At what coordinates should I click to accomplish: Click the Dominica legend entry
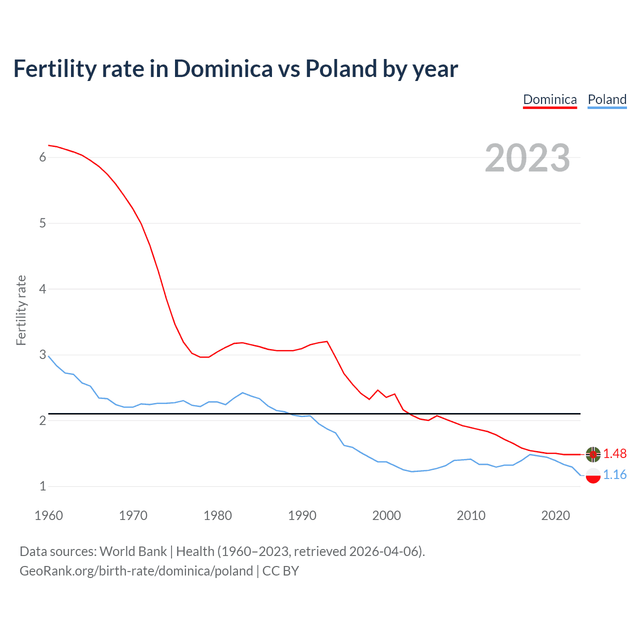click(549, 99)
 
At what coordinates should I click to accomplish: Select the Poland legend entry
click(607, 99)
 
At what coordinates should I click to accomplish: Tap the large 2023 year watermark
click(527, 158)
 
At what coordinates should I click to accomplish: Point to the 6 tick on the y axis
click(42, 157)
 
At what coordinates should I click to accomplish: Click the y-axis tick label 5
click(42, 223)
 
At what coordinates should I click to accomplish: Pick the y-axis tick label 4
click(42, 289)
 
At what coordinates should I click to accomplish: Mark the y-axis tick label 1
click(42, 486)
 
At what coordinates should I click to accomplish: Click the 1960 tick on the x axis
click(48, 515)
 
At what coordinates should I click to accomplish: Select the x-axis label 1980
click(217, 515)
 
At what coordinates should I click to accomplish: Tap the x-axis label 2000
click(386, 515)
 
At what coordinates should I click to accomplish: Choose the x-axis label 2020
click(555, 515)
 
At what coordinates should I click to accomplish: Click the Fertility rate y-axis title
click(21, 310)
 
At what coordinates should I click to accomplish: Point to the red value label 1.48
click(614, 453)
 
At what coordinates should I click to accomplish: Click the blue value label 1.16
click(614, 474)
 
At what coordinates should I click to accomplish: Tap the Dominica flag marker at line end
click(593, 454)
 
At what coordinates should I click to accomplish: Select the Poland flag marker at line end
click(593, 475)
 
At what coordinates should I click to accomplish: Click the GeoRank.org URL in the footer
click(136, 571)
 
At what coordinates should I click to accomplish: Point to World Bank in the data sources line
click(133, 551)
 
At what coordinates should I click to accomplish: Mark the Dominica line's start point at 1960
click(48, 145)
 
